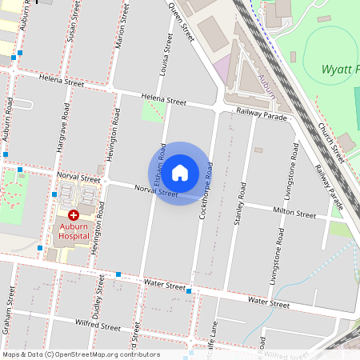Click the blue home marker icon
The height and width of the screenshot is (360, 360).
coord(180,172)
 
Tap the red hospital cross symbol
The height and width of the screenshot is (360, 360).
coord(74,215)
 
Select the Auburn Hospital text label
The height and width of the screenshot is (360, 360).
coord(74,231)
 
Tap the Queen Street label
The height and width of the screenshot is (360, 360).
coord(182,22)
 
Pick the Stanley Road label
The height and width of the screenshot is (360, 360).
coord(238,206)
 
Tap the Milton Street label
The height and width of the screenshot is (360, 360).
coord(294,213)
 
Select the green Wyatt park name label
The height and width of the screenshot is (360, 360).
coord(341,70)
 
